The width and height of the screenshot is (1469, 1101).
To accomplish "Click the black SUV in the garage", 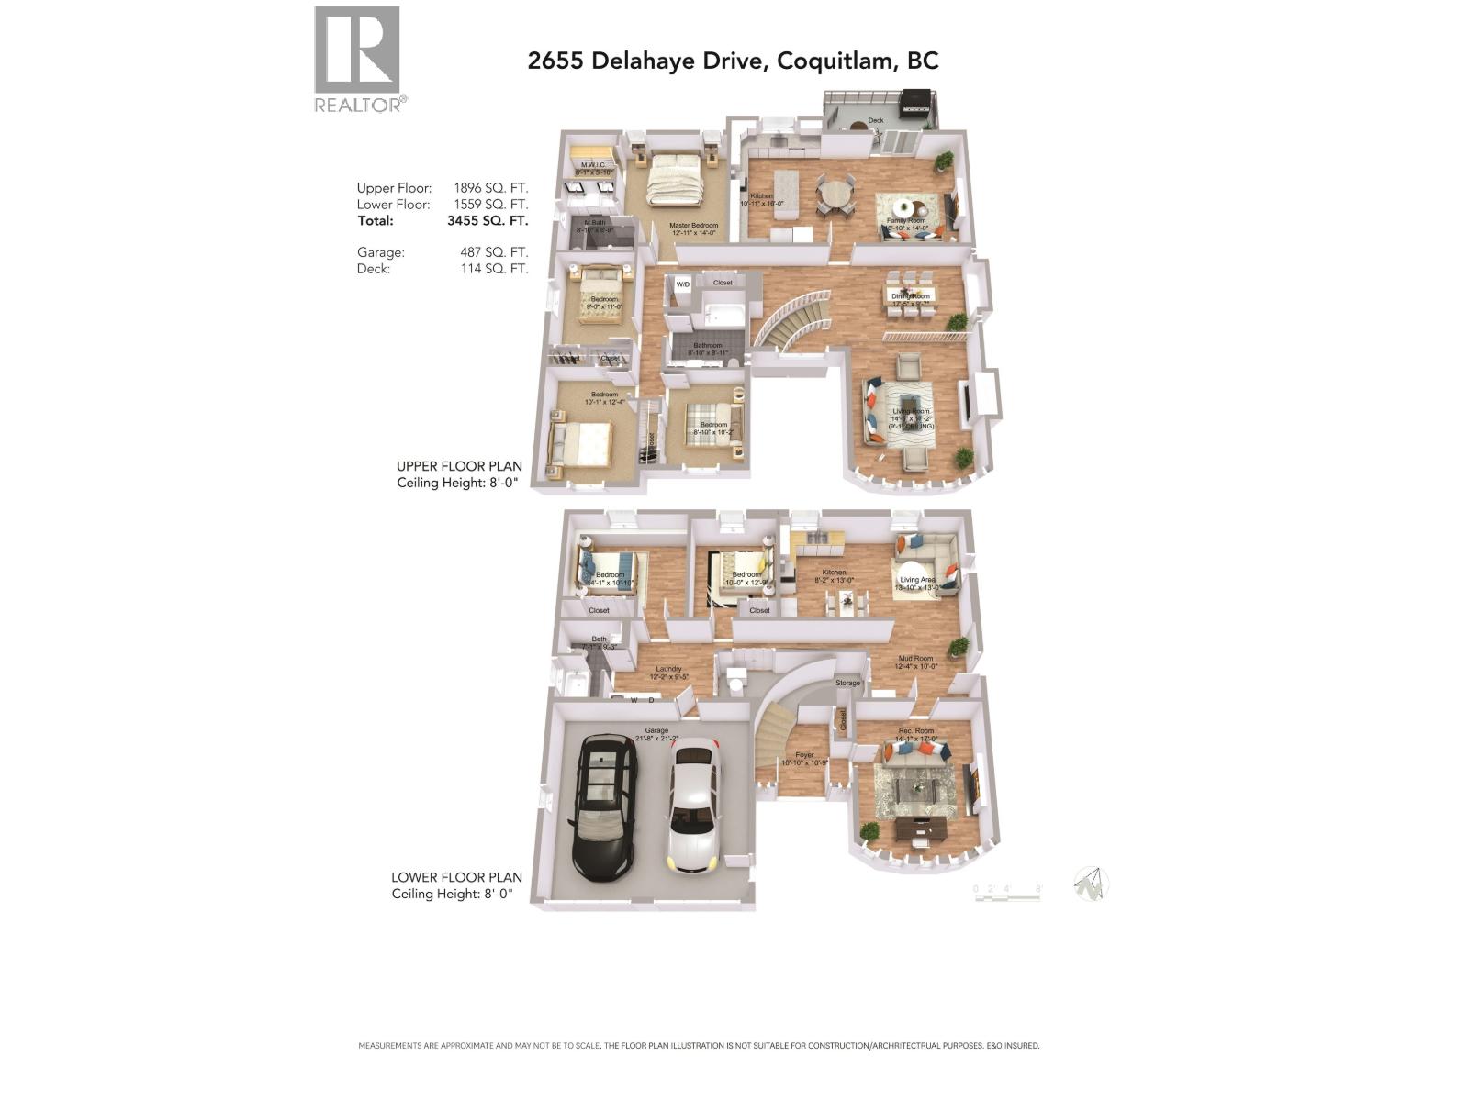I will (603, 807).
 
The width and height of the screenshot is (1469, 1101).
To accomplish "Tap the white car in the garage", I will (693, 806).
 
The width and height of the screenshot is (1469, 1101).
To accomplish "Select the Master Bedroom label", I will (693, 225).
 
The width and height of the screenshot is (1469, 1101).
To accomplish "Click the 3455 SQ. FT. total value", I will (494, 221).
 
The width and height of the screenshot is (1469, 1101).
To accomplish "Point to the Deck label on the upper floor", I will (876, 120).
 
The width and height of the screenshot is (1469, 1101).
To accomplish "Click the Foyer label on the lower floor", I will (804, 755).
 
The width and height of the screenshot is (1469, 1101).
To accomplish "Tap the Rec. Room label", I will (915, 731).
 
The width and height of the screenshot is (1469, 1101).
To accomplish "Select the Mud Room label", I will (915, 659).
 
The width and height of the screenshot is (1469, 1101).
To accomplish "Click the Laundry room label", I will (668, 670).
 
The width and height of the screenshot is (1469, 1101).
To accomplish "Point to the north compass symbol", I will (1091, 884).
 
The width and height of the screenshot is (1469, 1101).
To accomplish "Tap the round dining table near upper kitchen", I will (835, 194).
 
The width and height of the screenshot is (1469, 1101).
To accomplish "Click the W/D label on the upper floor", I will (683, 284).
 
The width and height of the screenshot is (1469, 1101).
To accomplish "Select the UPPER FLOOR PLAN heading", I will (459, 466).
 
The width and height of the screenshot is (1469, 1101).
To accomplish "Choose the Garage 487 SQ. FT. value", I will (494, 252).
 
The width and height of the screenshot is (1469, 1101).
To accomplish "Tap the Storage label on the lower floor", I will (847, 683).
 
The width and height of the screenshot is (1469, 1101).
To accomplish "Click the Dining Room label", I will (910, 296).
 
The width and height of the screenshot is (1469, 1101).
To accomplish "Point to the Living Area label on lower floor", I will (917, 580).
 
